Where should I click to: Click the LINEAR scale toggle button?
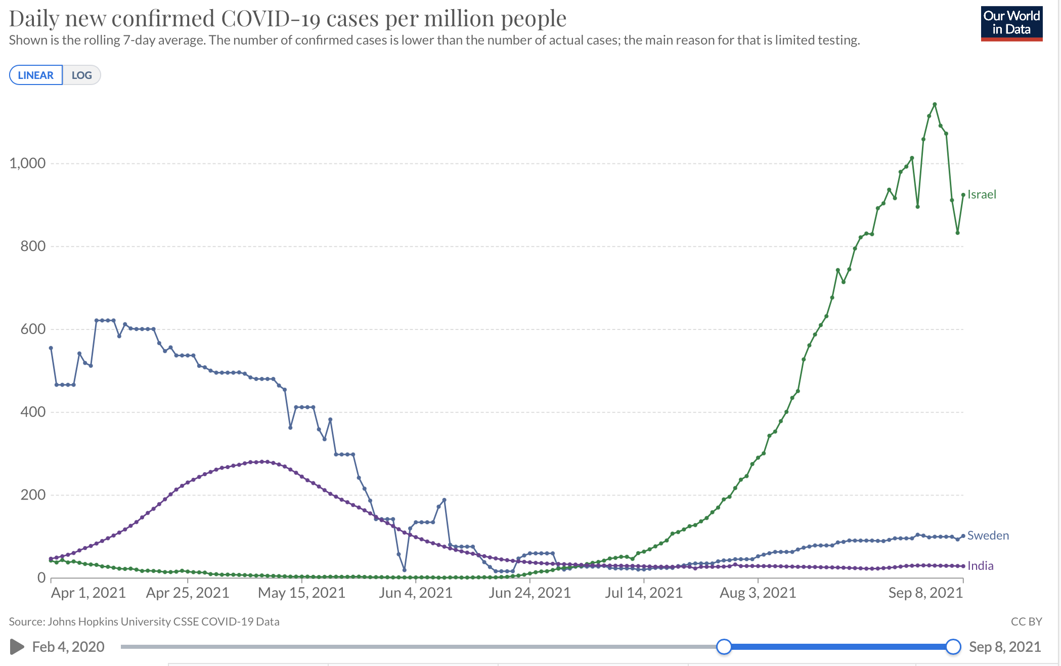[36, 75]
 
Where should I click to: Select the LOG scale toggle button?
[81, 75]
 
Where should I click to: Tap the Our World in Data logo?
[1011, 23]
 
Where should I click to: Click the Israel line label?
[982, 194]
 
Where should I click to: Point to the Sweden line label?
[988, 535]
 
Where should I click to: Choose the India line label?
[980, 566]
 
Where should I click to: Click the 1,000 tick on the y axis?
[27, 163]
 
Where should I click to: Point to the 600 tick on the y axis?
[33, 329]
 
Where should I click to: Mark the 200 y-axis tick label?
[33, 495]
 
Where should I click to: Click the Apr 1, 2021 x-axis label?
[88, 593]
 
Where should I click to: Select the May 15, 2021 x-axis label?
[301, 593]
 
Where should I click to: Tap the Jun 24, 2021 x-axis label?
[529, 593]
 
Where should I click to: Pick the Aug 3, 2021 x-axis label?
[758, 593]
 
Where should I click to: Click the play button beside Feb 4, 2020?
[17, 647]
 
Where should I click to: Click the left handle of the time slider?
[724, 647]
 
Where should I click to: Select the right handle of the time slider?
[953, 647]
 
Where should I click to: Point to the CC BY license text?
[1026, 621]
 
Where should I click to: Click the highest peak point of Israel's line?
[935, 104]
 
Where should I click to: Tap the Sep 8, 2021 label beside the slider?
[1004, 647]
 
